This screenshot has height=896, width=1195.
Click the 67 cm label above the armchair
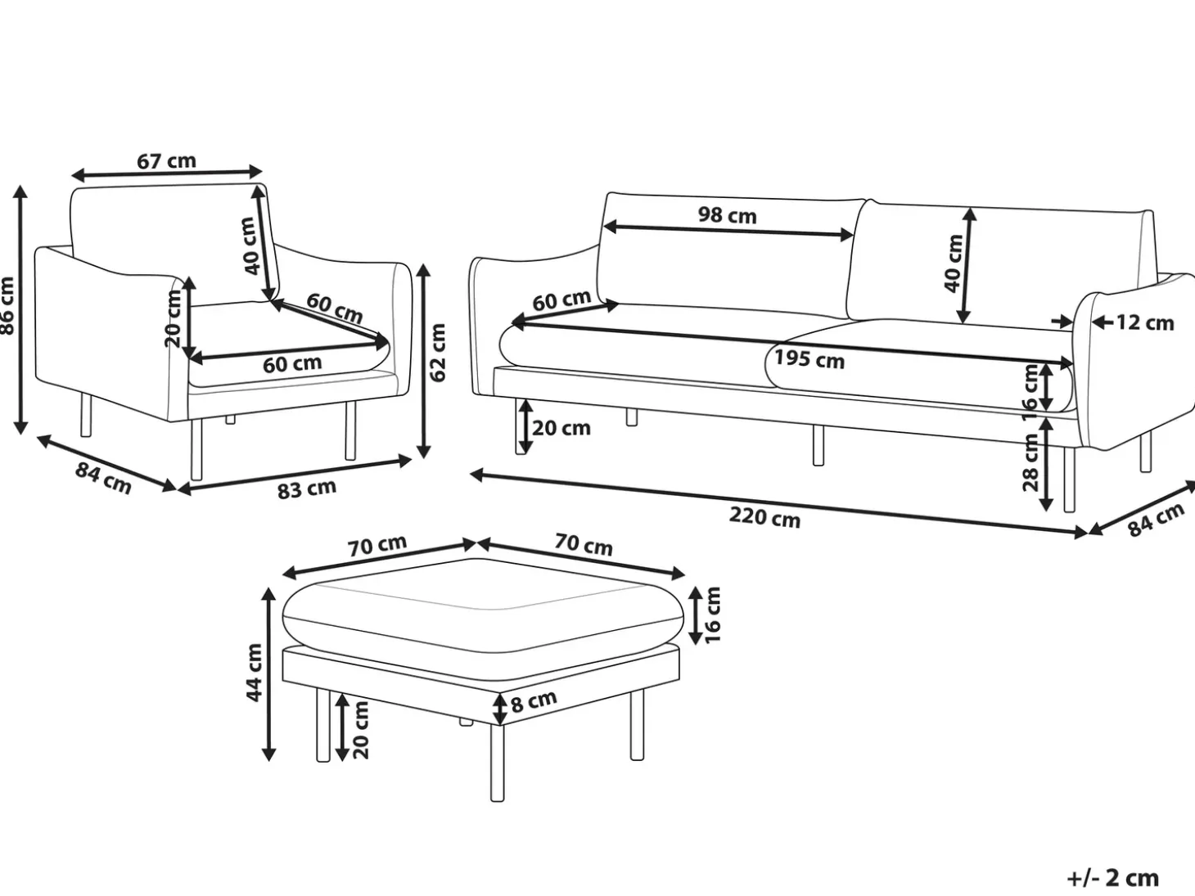166,161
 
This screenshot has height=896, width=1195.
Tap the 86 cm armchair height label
7,306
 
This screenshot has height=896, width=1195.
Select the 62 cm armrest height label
437,353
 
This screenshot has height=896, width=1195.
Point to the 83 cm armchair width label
306,489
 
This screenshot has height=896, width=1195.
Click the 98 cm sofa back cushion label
728,215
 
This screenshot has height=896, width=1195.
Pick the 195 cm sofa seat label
809,359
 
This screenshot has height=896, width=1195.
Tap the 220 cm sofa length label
764,517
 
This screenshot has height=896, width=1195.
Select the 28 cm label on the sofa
1030,462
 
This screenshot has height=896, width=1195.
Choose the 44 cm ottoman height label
255,673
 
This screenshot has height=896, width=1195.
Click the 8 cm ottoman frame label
534,701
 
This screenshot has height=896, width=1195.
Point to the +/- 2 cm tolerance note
1113,878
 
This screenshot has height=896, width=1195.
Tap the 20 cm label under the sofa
561,428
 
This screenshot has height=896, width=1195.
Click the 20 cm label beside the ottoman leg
360,730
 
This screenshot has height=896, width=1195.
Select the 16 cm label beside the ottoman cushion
712,615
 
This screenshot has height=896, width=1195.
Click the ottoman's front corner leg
497,763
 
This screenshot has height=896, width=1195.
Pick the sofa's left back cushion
729,254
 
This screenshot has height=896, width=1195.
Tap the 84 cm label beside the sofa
1155,520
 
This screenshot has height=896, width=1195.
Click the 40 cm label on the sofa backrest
953,263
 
